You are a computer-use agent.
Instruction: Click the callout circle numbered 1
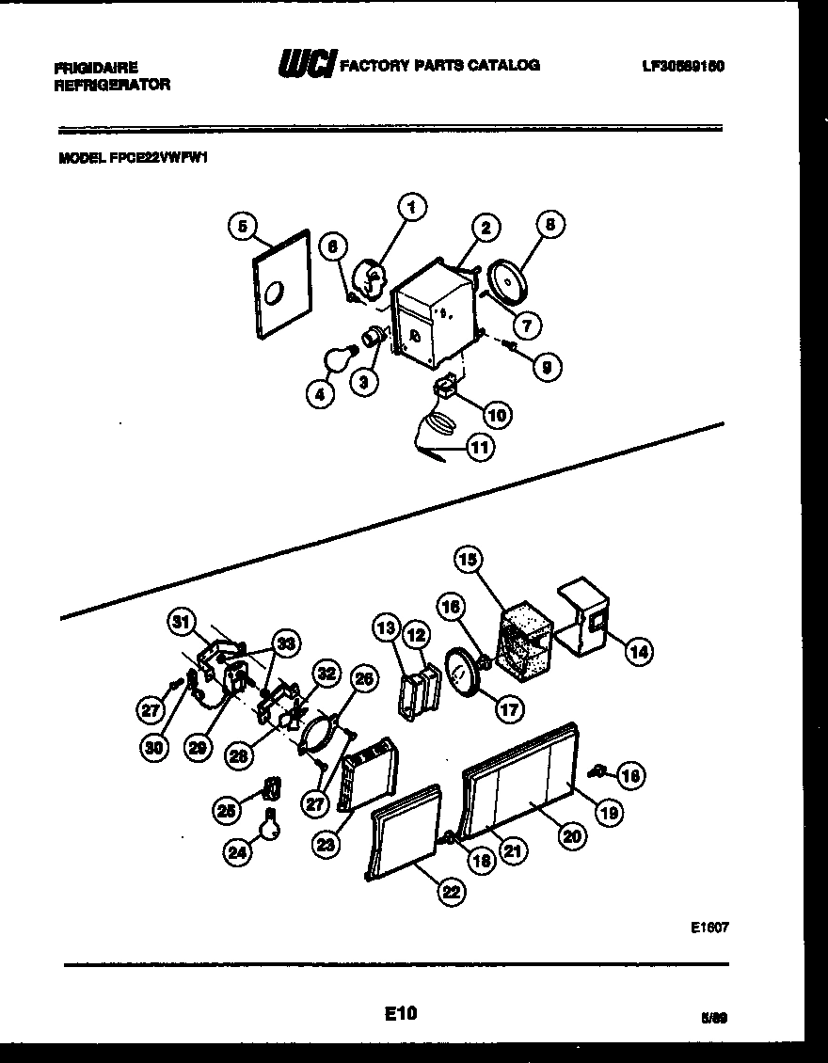click(411, 206)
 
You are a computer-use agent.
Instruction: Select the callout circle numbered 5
click(243, 226)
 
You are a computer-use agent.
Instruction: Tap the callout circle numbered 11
click(480, 449)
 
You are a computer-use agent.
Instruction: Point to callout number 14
click(639, 650)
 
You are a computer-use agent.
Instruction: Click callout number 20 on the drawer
click(569, 834)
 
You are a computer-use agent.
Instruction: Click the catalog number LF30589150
click(682, 66)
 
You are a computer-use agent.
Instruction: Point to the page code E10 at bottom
click(400, 1013)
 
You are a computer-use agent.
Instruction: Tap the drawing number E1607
click(710, 927)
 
